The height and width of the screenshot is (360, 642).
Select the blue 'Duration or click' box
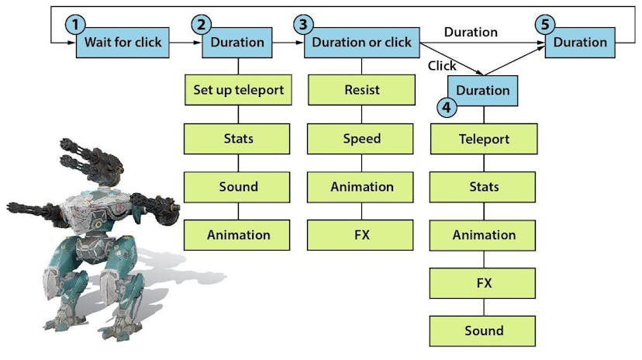[x=361, y=42]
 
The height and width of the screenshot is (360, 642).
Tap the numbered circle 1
[x=75, y=25]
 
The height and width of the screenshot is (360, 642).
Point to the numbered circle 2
[x=202, y=25]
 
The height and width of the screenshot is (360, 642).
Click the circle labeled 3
[x=302, y=25]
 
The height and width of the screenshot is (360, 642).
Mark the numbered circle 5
[x=545, y=25]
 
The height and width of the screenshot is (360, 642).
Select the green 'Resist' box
[x=361, y=90]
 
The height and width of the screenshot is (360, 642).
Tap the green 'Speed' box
[x=361, y=138]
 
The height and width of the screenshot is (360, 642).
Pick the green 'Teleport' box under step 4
[x=483, y=139]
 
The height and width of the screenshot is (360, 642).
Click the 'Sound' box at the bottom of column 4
[x=483, y=331]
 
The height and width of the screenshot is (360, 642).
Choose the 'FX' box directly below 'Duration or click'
[x=361, y=234]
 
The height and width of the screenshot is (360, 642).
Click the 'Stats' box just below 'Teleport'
[x=483, y=187]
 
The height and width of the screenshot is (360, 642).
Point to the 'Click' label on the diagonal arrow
[x=442, y=66]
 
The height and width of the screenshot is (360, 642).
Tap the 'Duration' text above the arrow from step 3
[x=471, y=32]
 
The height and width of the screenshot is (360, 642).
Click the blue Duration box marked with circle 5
[x=580, y=42]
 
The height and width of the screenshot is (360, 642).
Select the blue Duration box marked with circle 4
[x=483, y=91]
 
